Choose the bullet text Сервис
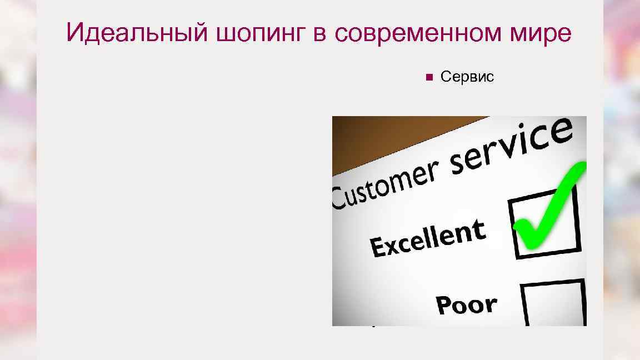pyautogui.click(x=467, y=77)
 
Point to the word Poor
pyautogui.click(x=466, y=304)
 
